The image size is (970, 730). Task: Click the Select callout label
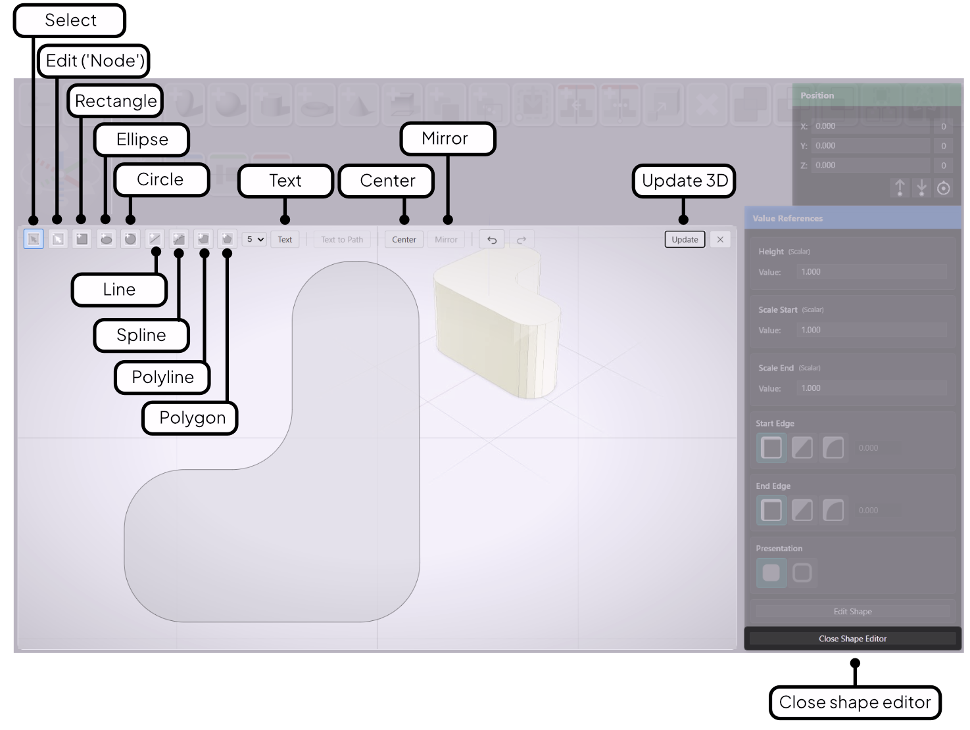(70, 21)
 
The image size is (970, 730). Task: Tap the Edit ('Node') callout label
(94, 61)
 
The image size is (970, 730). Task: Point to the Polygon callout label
(191, 419)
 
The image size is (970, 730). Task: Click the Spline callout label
(141, 336)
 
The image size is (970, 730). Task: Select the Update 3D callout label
(684, 181)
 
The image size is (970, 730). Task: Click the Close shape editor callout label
(854, 702)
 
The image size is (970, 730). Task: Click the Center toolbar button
(404, 240)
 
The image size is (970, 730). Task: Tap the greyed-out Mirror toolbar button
(446, 240)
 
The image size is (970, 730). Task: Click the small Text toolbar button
(285, 240)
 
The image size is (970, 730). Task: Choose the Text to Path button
(342, 240)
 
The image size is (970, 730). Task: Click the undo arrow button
(492, 240)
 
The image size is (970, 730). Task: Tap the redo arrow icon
(521, 240)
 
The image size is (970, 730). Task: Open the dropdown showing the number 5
(255, 239)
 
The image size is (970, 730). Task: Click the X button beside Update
(720, 240)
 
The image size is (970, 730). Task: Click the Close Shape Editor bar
(852, 639)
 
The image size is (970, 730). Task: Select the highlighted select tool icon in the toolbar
(34, 239)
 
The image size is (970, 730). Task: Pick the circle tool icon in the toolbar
(130, 239)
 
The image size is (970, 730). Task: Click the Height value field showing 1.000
(871, 272)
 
